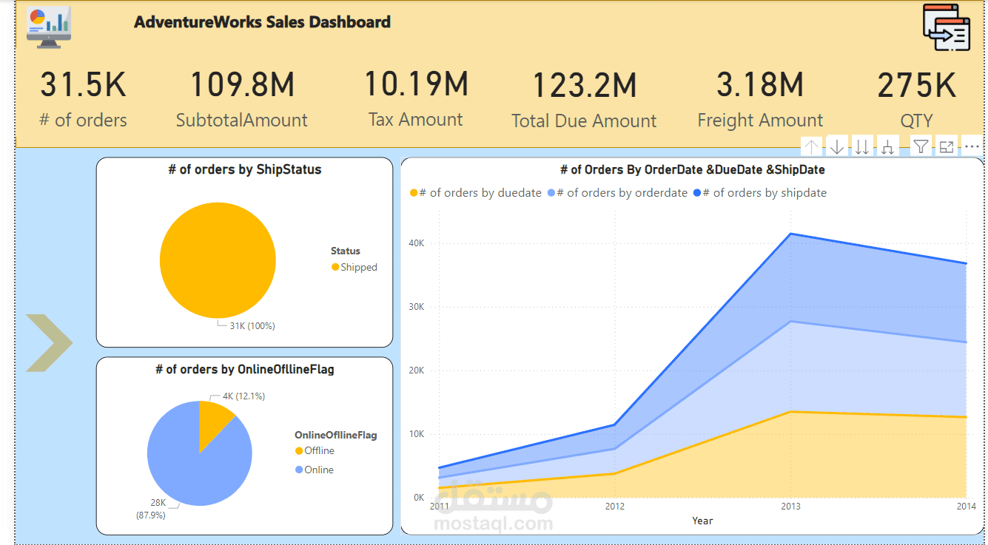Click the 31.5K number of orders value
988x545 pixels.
83,85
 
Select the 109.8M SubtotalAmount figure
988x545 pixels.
242,85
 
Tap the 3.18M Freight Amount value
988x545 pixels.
759,85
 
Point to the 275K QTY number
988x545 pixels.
916,85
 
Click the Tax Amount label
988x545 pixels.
415,120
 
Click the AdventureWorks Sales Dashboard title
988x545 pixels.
262,22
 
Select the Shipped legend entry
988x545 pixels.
354,267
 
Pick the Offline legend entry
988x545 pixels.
315,451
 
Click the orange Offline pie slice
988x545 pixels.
212,422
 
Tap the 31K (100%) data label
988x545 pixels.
252,325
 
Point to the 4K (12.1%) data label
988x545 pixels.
243,396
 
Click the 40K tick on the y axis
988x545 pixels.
416,243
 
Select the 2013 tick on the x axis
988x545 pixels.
790,507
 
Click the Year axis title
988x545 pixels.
702,521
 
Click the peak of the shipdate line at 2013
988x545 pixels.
790,234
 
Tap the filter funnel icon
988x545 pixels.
920,146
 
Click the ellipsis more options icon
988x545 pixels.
972,146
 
